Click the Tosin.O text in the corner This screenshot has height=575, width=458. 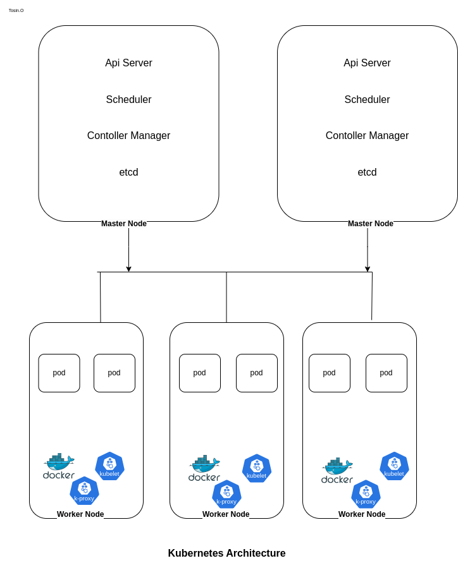16,10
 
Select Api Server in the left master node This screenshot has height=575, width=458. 128,63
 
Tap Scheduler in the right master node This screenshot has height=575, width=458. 367,100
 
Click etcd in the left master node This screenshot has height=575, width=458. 128,172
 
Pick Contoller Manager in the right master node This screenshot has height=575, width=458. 367,136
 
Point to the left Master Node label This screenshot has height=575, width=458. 124,224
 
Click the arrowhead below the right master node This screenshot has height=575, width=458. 368,269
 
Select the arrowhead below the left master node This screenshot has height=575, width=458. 128,269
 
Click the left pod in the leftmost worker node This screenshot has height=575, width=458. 59,373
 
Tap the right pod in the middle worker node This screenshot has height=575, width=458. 256,373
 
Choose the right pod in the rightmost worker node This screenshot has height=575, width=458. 386,373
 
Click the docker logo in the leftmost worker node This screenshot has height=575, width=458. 59,466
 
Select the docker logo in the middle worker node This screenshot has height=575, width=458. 204,469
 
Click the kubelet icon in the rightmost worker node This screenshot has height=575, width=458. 394,466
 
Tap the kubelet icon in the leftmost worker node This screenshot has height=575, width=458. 109,466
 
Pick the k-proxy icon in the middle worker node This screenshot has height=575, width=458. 226,494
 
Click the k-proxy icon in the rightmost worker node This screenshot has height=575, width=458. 366,494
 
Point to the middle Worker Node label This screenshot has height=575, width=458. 226,514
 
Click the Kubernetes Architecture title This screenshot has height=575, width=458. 226,554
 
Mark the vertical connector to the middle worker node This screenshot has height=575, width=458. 226,297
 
